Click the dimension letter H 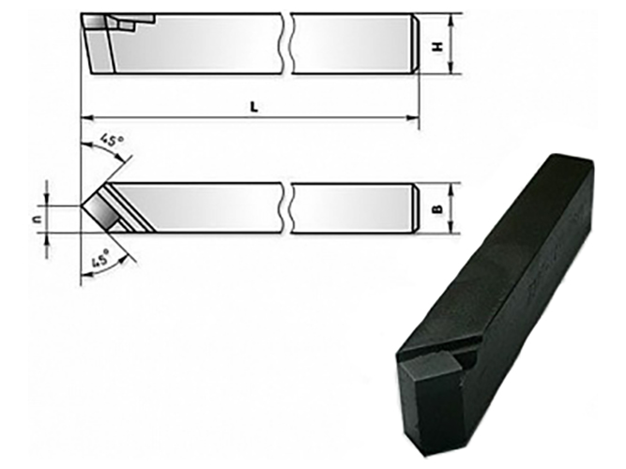(x=438, y=47)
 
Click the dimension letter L (x=254, y=107)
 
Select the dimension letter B (x=438, y=209)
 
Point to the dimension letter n (x=37, y=219)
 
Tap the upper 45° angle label (x=112, y=140)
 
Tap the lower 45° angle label (x=100, y=258)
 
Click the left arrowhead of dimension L (x=87, y=118)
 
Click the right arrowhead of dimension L (x=413, y=118)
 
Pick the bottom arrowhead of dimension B (x=450, y=228)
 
